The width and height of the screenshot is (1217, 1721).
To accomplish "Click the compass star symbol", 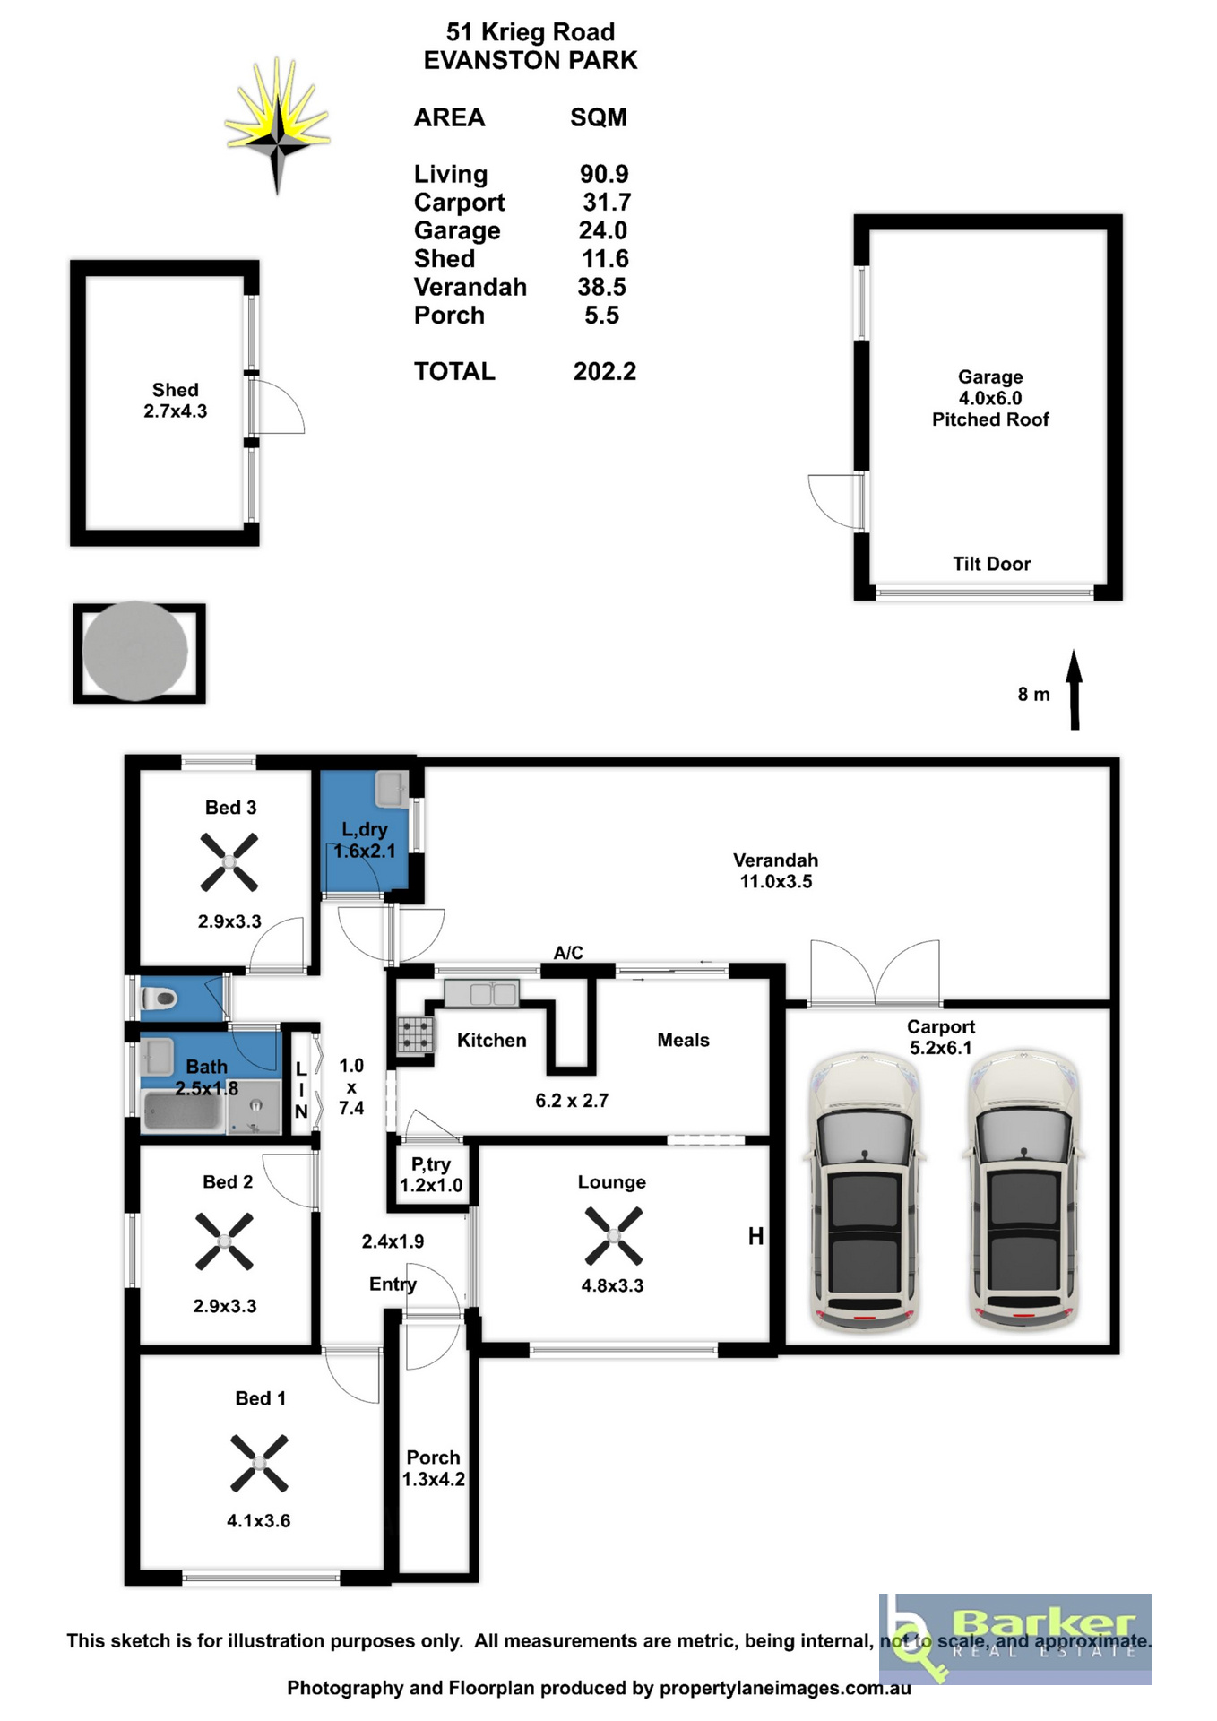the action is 278,125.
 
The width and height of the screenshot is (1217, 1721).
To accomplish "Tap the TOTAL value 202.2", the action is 605,371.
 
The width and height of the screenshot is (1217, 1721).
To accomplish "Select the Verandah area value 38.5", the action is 601,287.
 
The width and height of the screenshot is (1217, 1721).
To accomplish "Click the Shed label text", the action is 175,390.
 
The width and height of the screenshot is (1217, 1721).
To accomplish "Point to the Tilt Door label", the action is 991,564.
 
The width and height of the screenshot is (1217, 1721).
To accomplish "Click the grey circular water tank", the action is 135,651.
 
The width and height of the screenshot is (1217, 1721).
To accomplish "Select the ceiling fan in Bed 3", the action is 229,862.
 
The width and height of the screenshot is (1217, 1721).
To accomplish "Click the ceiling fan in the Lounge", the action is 614,1236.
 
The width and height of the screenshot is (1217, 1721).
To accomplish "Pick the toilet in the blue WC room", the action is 160,998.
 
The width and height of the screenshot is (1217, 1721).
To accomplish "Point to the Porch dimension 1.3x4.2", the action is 434,1479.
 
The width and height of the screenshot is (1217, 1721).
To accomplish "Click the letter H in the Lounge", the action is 756,1236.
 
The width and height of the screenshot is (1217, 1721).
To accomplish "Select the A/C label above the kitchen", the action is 568,952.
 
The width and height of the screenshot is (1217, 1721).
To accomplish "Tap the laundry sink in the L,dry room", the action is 392,789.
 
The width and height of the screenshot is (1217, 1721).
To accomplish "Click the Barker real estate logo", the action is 1015,1639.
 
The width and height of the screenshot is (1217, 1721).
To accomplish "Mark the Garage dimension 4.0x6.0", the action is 990,398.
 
